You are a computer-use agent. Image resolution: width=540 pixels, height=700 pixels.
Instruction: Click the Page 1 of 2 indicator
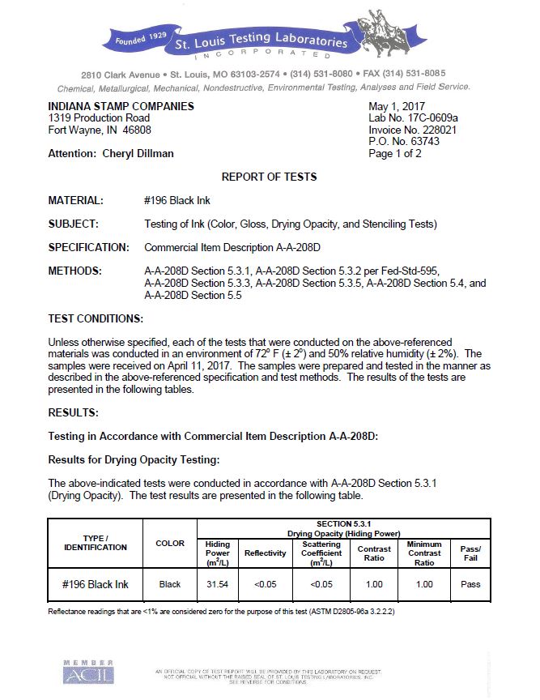click(395, 153)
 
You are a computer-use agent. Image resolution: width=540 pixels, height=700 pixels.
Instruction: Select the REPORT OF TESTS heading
click(270, 177)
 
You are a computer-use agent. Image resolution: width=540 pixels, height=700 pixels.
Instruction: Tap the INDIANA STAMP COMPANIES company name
click(121, 107)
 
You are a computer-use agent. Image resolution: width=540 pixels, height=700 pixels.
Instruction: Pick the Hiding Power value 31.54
click(219, 584)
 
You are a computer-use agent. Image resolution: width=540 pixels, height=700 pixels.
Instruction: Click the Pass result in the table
click(470, 584)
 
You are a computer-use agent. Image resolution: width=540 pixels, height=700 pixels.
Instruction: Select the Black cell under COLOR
click(170, 584)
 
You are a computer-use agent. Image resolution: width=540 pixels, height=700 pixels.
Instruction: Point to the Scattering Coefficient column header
click(321, 553)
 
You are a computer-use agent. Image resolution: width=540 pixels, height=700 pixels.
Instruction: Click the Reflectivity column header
click(266, 553)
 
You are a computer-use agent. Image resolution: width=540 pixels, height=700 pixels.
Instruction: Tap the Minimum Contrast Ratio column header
click(424, 553)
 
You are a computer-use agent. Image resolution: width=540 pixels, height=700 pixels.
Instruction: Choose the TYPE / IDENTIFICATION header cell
click(96, 543)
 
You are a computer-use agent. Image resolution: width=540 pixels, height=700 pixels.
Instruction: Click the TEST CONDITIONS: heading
click(96, 318)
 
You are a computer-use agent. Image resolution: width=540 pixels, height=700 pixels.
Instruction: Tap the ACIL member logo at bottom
click(88, 672)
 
